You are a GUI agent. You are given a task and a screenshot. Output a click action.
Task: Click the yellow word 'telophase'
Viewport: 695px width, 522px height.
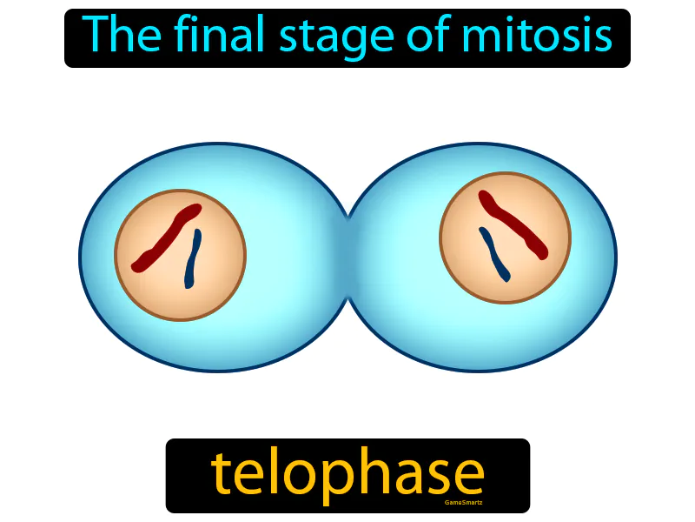pos(347,474)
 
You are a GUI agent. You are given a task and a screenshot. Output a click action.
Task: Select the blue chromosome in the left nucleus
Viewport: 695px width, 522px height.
pos(192,259)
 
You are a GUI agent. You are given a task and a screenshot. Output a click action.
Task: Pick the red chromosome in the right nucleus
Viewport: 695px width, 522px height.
pos(513,224)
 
